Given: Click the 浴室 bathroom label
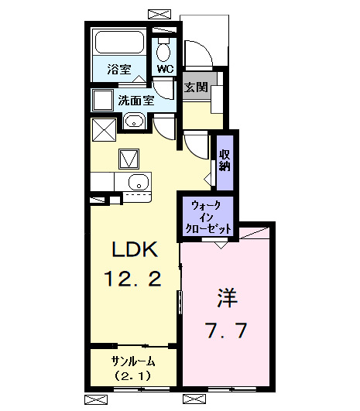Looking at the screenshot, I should click(119, 69).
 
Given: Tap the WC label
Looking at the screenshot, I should click(165, 69).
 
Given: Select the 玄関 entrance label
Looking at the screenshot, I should click(195, 87).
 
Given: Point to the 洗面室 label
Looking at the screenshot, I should click(136, 99).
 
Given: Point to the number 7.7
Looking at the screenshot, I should click(226, 331).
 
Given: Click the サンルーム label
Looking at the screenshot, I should click(133, 361).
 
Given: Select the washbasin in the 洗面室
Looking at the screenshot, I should click(133, 122).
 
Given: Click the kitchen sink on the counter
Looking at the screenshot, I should click(137, 183).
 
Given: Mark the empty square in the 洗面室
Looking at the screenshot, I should click(101, 101).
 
